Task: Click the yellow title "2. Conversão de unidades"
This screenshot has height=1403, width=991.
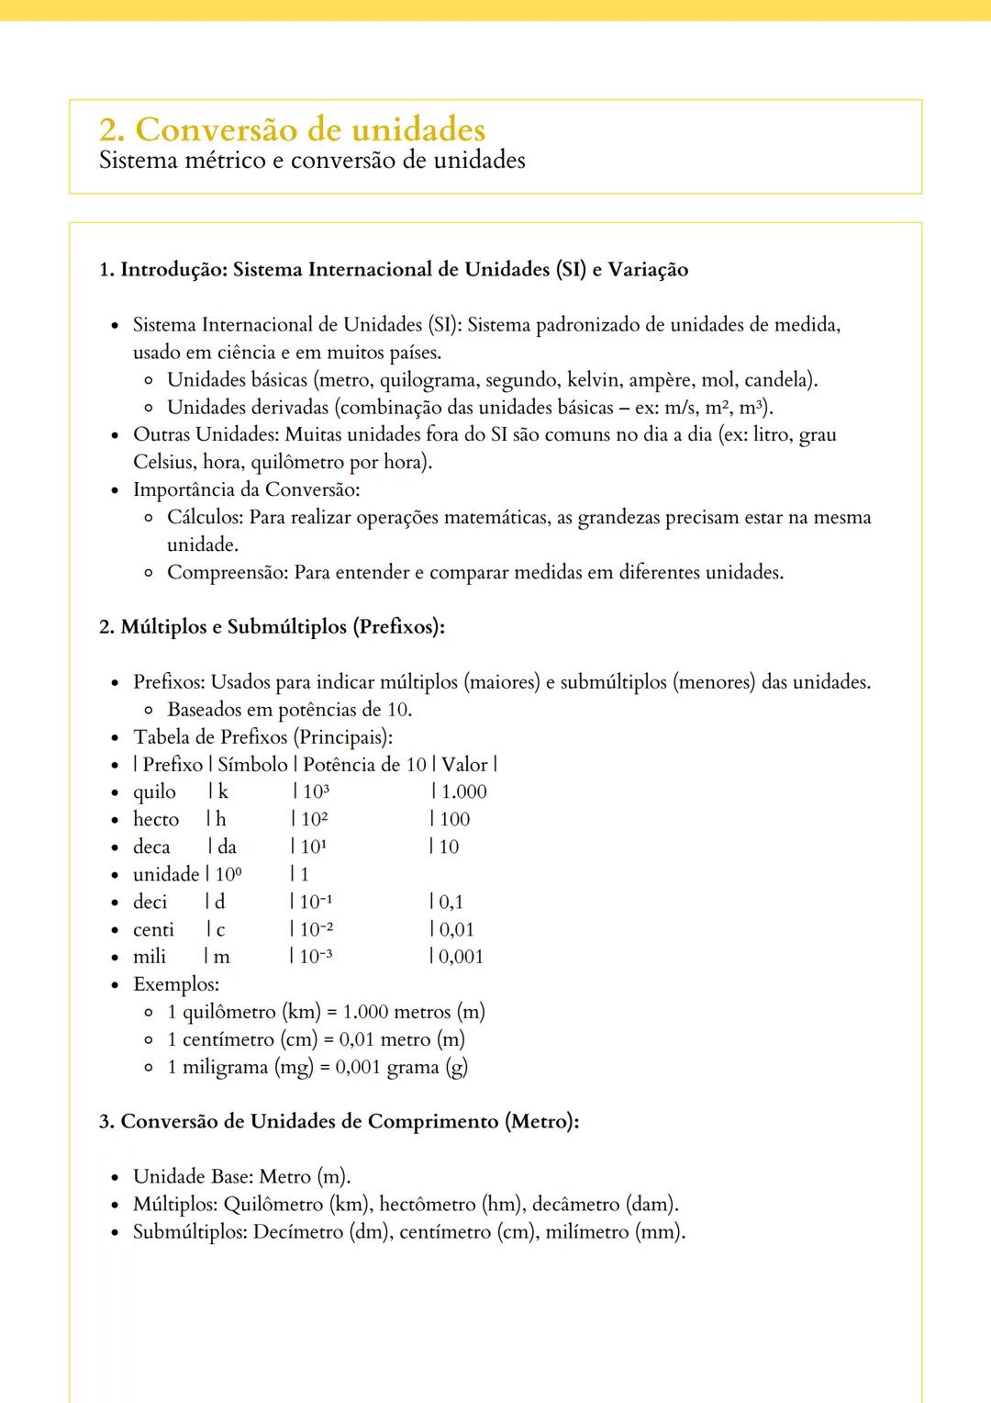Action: [x=292, y=129]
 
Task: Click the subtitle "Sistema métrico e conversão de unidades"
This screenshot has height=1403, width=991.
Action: [x=312, y=161]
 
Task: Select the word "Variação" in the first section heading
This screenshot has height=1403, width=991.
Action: [x=648, y=270]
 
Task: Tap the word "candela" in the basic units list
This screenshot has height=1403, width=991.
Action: [x=777, y=380]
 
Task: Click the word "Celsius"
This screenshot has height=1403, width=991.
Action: [x=165, y=462]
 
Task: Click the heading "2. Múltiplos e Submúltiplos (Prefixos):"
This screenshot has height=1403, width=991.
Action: [x=272, y=627]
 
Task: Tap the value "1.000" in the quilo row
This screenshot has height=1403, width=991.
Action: [x=463, y=791]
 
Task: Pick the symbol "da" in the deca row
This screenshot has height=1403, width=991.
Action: [x=227, y=847]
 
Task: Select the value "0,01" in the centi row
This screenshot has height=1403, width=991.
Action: [x=456, y=929]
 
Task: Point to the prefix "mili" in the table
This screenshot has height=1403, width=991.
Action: [x=150, y=957]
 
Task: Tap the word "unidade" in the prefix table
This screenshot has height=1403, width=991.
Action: [x=166, y=874]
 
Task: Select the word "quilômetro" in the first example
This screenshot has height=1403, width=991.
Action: [x=228, y=1012]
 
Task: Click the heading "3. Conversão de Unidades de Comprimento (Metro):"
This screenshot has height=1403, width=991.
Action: [x=340, y=1122]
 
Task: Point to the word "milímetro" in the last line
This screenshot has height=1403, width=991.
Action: [x=587, y=1232]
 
